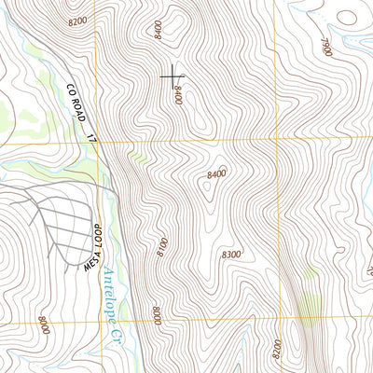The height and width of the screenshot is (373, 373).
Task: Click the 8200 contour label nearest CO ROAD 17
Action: (x=77, y=20)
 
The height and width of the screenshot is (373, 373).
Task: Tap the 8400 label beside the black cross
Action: (x=177, y=93)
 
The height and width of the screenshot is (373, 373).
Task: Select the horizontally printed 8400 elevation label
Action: (x=216, y=173)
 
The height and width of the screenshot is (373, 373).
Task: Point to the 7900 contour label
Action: (x=326, y=48)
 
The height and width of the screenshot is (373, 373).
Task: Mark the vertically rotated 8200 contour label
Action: (x=278, y=351)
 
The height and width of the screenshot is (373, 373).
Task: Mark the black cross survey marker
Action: (x=173, y=76)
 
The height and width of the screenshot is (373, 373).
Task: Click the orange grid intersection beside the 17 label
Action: (x=98, y=143)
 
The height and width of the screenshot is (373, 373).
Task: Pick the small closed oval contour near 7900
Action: (x=347, y=16)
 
